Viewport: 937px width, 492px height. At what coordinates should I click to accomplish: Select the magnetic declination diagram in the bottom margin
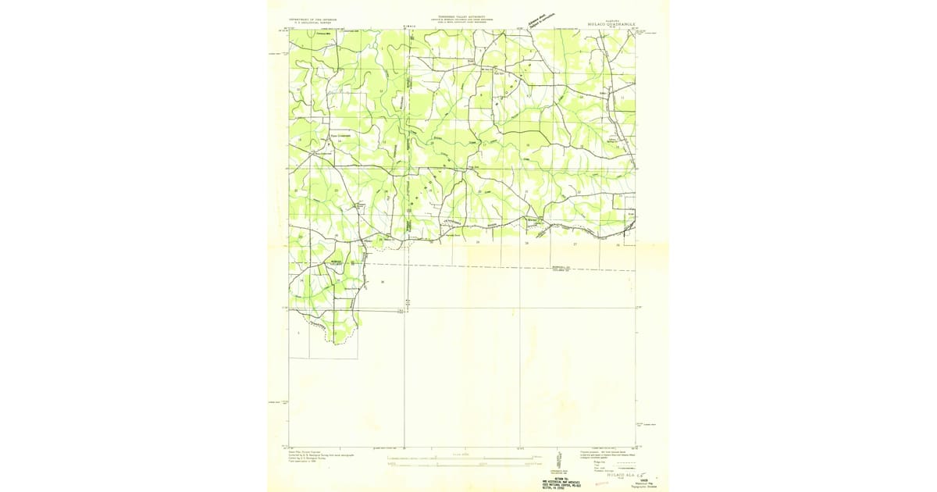click(559, 460)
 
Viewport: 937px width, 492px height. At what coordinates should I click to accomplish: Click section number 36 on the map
click(383, 281)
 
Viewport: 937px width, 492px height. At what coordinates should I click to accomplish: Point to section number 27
click(575, 244)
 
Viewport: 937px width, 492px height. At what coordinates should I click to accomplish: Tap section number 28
click(618, 244)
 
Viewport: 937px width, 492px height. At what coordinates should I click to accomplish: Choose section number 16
click(528, 145)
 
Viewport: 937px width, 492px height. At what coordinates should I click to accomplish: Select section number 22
click(479, 191)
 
